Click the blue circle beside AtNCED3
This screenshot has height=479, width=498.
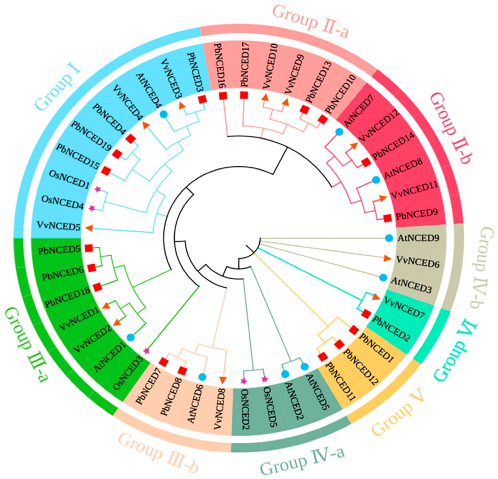pyautogui.click(x=382, y=278)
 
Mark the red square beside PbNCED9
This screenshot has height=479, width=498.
pyautogui.click(x=387, y=217)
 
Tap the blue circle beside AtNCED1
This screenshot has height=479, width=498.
pyautogui.click(x=130, y=337)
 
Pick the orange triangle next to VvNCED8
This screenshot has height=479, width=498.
pyautogui.click(x=222, y=379)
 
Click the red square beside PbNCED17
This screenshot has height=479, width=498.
pyautogui.click(x=244, y=95)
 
